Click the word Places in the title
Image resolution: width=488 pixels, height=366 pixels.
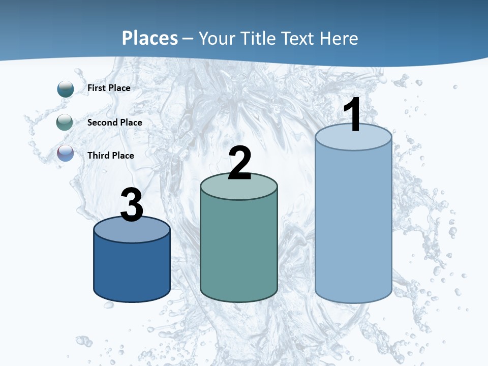pos(150,38)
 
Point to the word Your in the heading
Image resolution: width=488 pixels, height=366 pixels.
pos(218,38)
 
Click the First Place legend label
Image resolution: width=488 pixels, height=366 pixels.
pos(109,88)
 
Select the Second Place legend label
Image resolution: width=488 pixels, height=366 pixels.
pos(114,123)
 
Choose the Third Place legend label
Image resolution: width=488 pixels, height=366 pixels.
pos(110,156)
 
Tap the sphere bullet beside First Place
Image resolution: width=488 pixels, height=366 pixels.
pos(66,89)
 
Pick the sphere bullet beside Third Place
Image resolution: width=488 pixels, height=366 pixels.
pos(66,154)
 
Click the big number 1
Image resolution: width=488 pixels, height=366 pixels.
pos(352,115)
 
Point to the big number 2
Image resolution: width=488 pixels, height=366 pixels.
pos(240,163)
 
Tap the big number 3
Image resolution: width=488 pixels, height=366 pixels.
pos(132,205)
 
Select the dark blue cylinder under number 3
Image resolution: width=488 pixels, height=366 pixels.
pos(132,269)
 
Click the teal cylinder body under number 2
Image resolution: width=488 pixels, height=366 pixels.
pos(238,249)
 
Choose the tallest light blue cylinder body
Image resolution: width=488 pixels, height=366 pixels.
pos(353,224)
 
